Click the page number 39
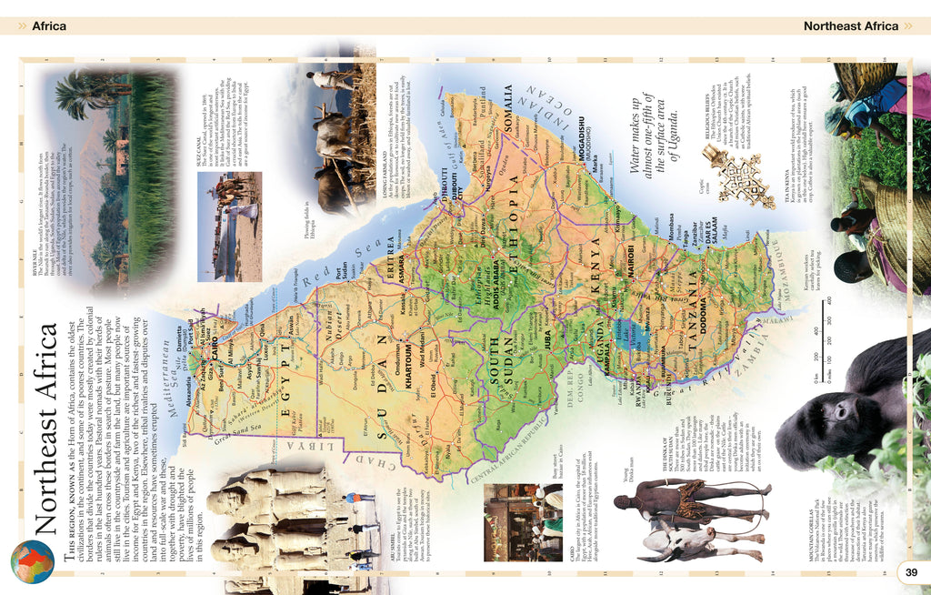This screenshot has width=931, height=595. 911,571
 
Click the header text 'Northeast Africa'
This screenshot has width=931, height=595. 850,26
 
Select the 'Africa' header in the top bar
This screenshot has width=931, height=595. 49,26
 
